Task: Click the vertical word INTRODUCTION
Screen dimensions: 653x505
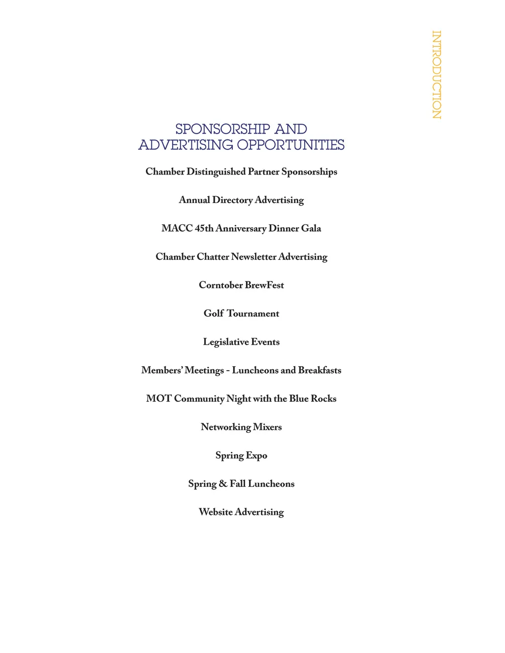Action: pyautogui.click(x=436, y=75)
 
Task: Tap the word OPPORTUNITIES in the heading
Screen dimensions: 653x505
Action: pyautogui.click(x=290, y=145)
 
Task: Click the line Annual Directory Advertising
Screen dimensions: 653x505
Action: pyautogui.click(x=241, y=200)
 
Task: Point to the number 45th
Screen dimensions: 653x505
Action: pyautogui.click(x=204, y=229)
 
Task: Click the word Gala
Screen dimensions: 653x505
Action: pyautogui.click(x=311, y=229)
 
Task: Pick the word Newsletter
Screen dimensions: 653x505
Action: pyautogui.click(x=253, y=257)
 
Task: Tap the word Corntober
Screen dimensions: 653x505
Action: pyautogui.click(x=220, y=285)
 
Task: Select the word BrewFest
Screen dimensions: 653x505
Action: pyautogui.click(x=264, y=285)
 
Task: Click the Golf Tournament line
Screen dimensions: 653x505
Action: pyautogui.click(x=241, y=313)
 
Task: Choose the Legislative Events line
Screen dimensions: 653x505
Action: pyautogui.click(x=241, y=342)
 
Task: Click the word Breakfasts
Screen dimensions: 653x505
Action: pyautogui.click(x=320, y=370)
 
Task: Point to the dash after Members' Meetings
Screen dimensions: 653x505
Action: pyautogui.click(x=228, y=371)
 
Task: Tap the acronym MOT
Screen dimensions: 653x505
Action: pyautogui.click(x=158, y=399)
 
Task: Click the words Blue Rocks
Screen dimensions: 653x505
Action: pyautogui.click(x=313, y=399)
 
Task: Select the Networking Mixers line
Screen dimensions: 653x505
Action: pyautogui.click(x=241, y=427)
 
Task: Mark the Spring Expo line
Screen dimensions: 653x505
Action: pyautogui.click(x=241, y=455)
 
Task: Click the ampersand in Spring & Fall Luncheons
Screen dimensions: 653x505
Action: pyautogui.click(x=223, y=484)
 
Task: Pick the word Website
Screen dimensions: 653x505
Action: pyautogui.click(x=216, y=512)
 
